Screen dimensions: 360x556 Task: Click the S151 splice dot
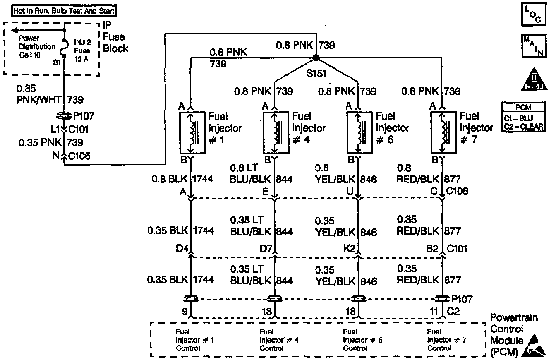coord(316,57)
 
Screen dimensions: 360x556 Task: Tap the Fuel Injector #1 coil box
coord(190,132)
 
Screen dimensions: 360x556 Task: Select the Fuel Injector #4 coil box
coord(275,132)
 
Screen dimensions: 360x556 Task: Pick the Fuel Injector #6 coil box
coord(357,132)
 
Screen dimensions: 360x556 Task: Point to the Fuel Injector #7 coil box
coord(442,132)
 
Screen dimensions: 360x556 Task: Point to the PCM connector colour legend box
coord(524,117)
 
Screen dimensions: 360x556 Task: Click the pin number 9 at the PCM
coord(185,310)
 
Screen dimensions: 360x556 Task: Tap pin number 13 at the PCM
coord(267,311)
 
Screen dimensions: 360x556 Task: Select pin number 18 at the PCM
coord(350,311)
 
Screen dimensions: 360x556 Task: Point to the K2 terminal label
coord(348,249)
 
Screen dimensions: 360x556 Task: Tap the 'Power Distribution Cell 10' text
coord(37,46)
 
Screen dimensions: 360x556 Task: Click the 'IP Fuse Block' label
coord(115,37)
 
